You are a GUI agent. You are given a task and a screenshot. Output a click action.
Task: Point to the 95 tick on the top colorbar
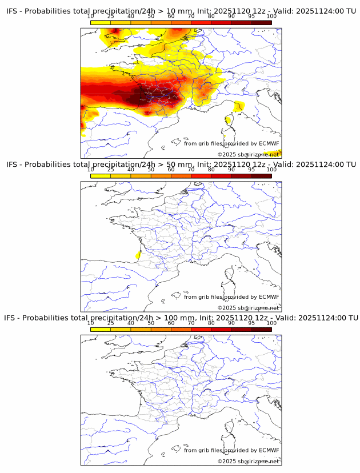tap(251, 16)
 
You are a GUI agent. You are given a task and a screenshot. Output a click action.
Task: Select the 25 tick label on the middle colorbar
tap(111, 170)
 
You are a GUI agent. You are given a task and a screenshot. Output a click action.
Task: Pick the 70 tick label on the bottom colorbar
tap(191, 323)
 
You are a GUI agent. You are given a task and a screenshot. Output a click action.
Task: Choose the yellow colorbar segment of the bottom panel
tap(101, 329)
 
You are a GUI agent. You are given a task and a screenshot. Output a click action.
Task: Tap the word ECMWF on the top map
tap(269, 143)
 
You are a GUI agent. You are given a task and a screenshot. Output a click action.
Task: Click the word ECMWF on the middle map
tap(269, 297)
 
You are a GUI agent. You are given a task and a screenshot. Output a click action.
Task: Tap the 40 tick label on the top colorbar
tap(131, 16)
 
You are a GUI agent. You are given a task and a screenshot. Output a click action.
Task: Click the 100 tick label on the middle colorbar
tap(271, 170)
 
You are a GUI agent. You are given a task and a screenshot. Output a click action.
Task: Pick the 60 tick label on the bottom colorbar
tap(171, 323)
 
